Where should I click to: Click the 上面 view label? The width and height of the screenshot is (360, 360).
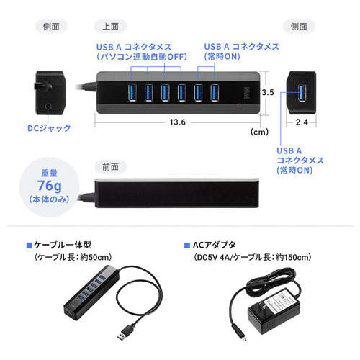[x=110, y=27]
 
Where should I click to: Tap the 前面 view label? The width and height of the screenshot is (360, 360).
[x=110, y=167]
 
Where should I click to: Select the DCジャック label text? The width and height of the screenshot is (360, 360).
[x=49, y=128]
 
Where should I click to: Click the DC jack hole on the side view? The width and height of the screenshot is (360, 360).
[x=48, y=106]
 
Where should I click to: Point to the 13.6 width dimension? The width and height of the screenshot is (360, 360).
[x=178, y=122]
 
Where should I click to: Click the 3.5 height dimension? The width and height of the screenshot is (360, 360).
[x=268, y=92]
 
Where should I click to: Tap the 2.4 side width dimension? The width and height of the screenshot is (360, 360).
[x=302, y=122]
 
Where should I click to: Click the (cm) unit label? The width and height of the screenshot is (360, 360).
[x=259, y=132]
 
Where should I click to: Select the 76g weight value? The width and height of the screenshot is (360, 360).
[x=49, y=186]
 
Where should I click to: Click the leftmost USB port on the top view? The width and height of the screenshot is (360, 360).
[x=132, y=92]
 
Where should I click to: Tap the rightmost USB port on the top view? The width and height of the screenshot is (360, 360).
[x=215, y=92]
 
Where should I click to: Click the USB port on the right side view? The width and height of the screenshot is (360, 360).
[x=302, y=92]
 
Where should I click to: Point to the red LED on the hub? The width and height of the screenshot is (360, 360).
[x=239, y=104]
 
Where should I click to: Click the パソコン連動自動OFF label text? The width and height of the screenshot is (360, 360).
[x=142, y=57]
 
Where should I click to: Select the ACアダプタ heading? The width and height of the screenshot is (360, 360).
[x=215, y=245]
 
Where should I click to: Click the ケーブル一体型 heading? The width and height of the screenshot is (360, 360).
[x=63, y=245]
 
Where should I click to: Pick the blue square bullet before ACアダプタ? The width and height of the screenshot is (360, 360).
[x=187, y=246]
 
